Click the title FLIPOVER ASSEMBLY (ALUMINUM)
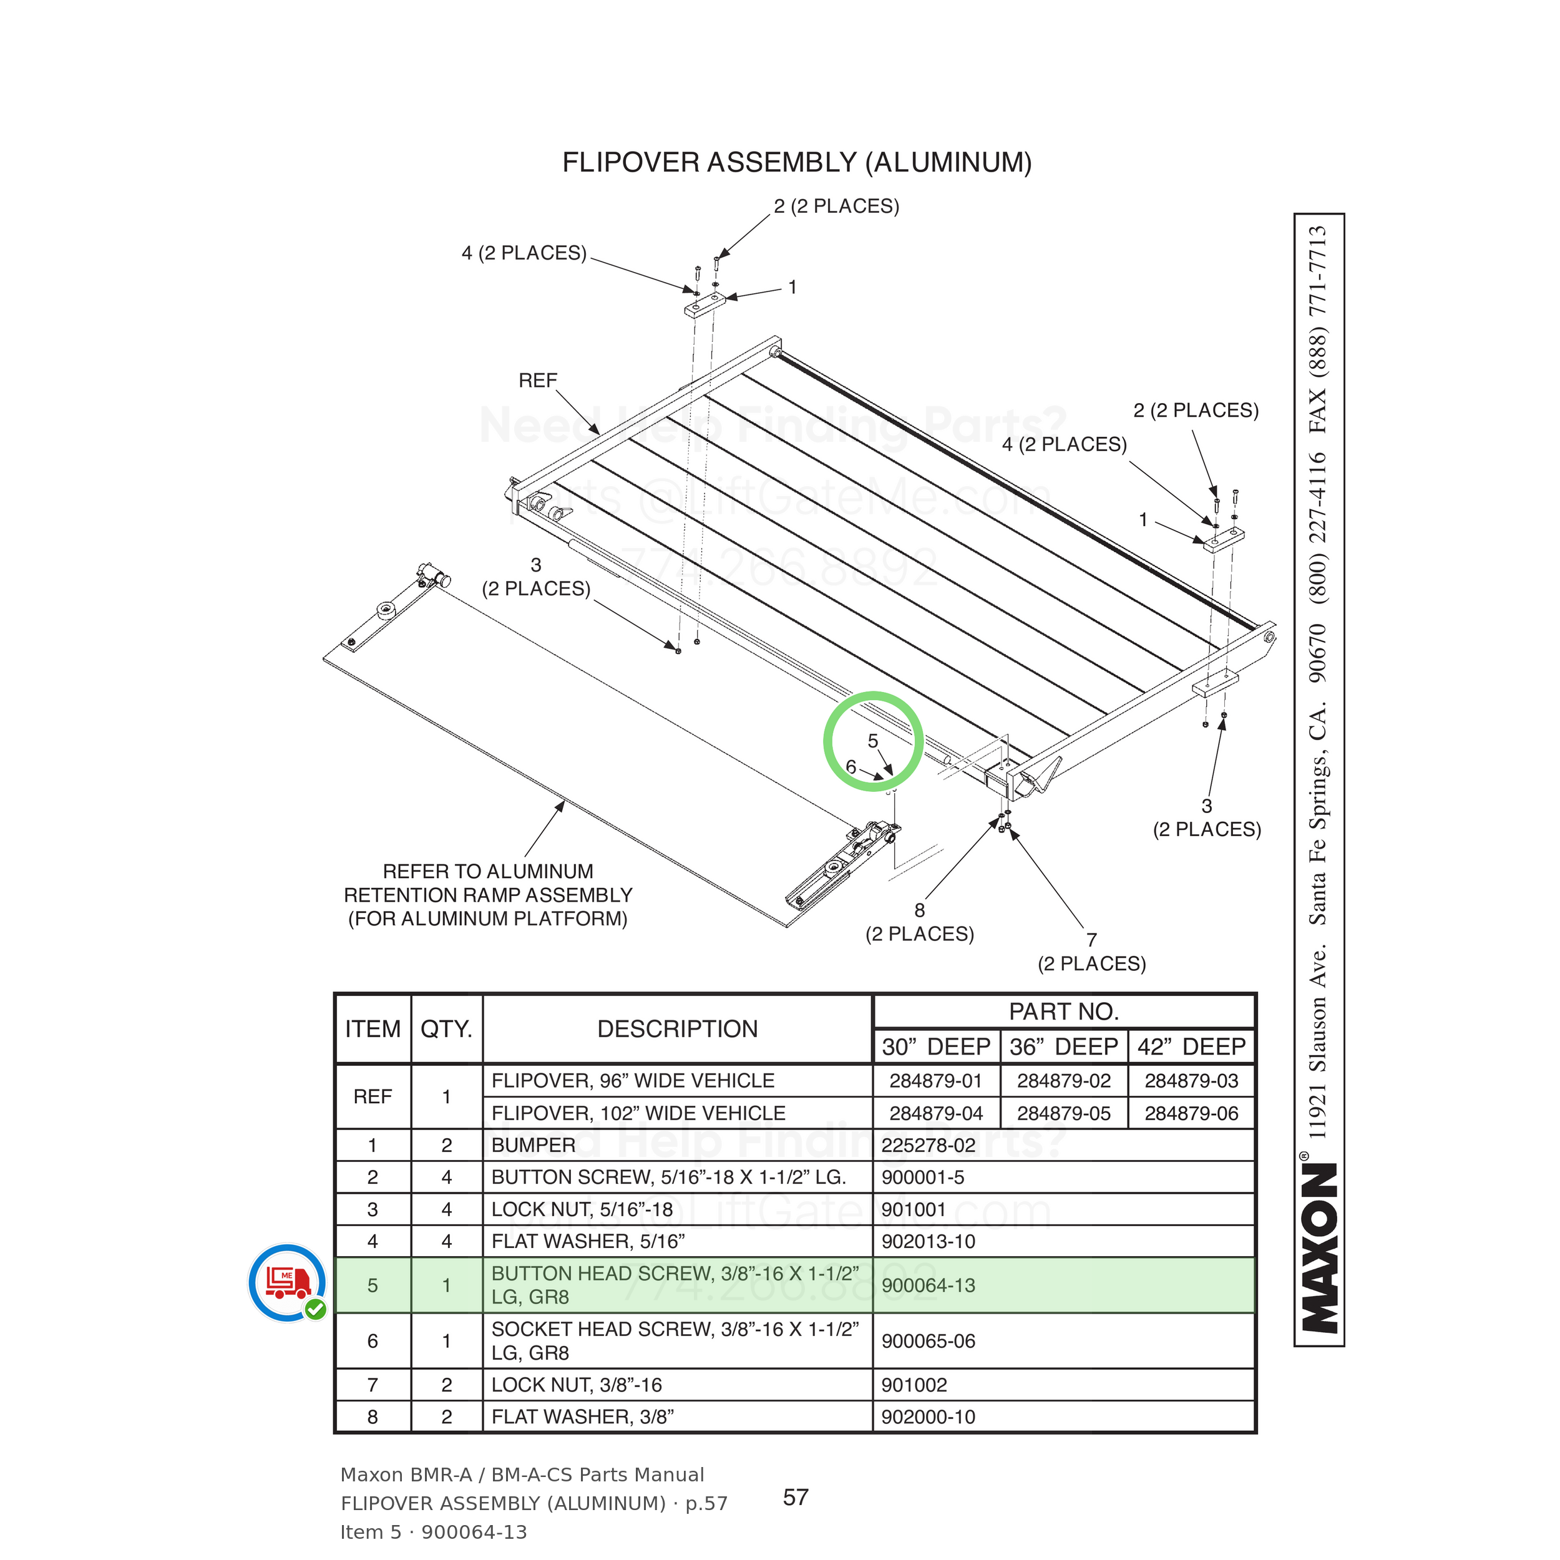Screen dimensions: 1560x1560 797,162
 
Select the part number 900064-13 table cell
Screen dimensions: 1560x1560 1063,1285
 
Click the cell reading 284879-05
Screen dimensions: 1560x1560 1063,1113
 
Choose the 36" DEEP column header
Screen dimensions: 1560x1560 1063,1046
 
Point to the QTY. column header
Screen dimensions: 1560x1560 447,1029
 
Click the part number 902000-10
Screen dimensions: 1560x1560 929,1416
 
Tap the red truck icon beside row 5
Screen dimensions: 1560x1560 288,1283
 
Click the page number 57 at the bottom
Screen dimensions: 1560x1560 796,1497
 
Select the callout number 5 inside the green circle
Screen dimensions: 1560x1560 873,741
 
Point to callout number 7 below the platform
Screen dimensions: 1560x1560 1091,939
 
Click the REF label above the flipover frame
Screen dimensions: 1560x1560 538,380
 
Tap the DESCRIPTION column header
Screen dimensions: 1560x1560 678,1029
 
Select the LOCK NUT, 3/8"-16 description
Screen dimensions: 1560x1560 577,1385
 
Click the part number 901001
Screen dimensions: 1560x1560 914,1209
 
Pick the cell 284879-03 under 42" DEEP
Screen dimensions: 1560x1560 1191,1080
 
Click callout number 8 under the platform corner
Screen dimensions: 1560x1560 920,910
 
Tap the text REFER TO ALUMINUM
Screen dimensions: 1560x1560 488,871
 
